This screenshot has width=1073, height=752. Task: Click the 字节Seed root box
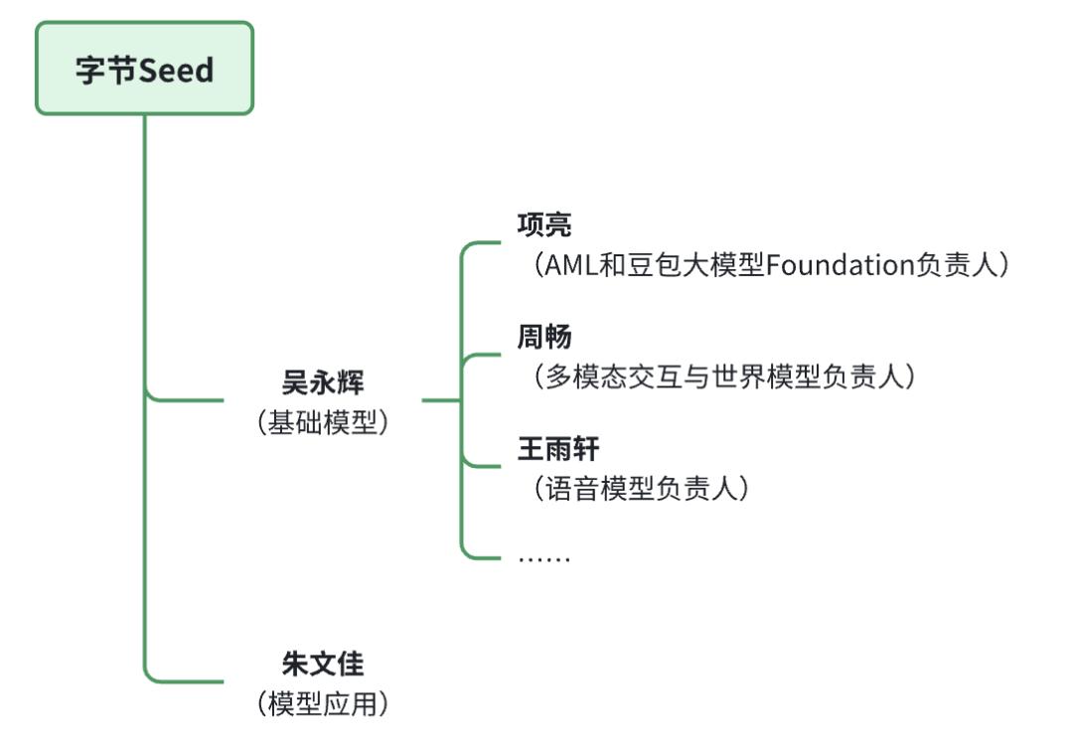[x=145, y=69]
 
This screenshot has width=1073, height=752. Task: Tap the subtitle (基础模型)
[x=323, y=422]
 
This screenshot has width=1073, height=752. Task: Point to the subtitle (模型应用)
[x=323, y=703]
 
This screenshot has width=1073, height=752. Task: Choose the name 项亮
[x=544, y=226]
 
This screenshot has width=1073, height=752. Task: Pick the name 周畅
[x=544, y=338]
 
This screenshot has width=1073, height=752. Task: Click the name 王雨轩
[x=558, y=450]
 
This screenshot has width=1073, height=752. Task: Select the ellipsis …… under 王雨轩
[x=544, y=557]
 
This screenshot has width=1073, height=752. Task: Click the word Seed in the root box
[x=176, y=70]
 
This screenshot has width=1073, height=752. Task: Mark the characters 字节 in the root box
[x=106, y=70]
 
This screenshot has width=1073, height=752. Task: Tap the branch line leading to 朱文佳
[x=189, y=681]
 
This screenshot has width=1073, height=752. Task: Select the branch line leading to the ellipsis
[x=483, y=557]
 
